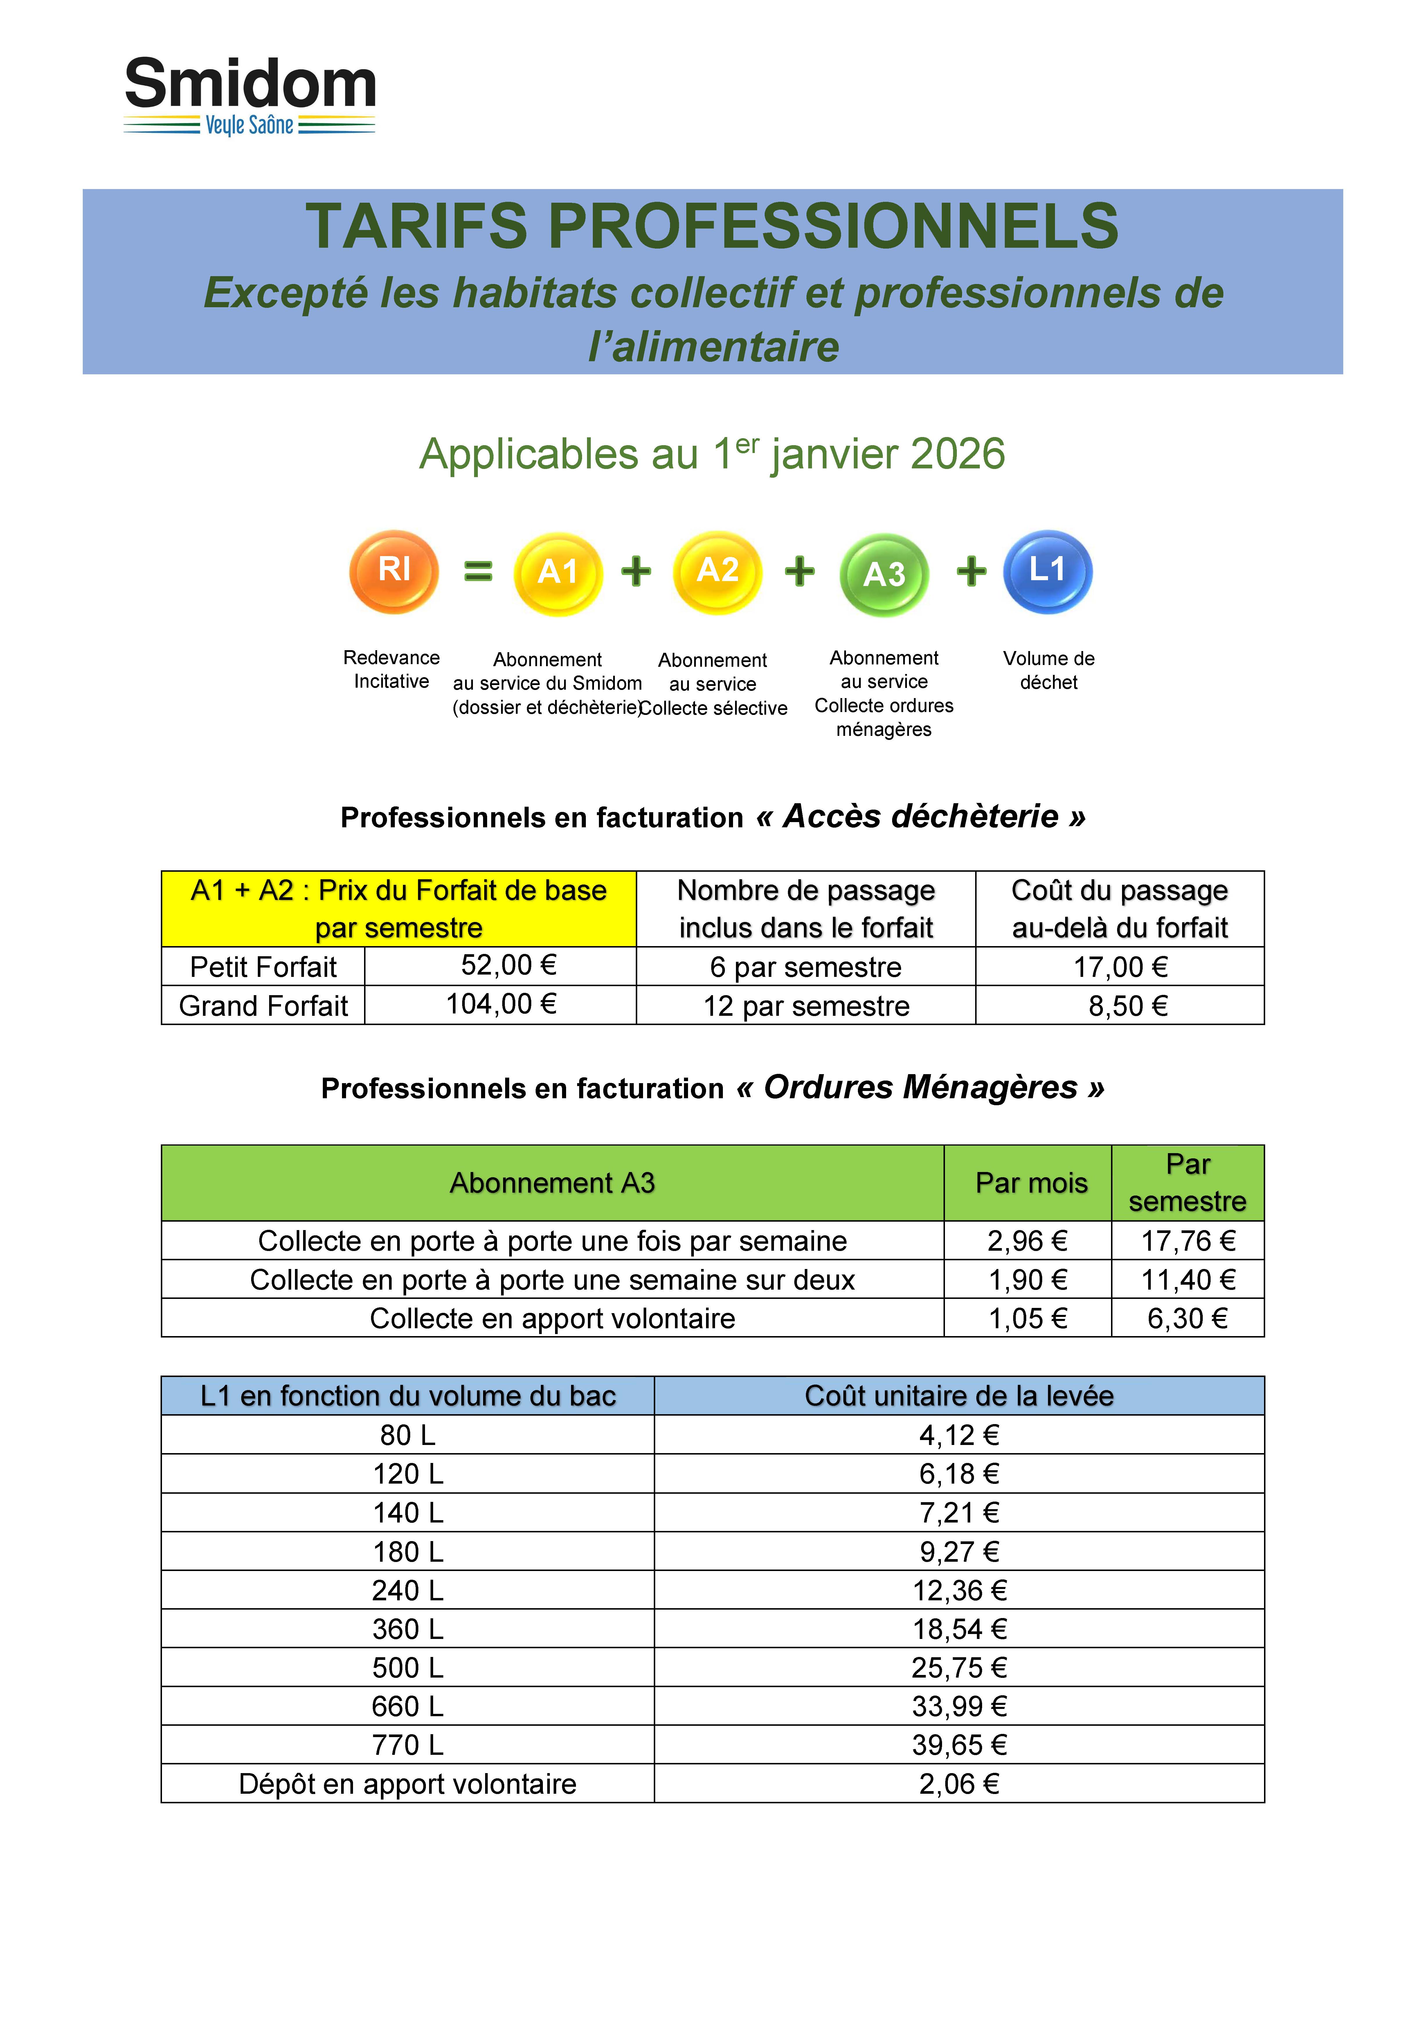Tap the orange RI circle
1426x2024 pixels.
[394, 571]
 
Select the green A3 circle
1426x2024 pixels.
[884, 574]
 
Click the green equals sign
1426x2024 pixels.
[478, 571]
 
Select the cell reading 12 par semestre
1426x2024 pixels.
[806, 1006]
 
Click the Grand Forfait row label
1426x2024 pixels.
[264, 1006]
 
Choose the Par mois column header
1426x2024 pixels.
[1031, 1183]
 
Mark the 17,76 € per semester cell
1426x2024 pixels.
[1188, 1241]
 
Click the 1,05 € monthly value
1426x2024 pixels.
[1028, 1319]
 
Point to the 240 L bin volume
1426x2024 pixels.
[407, 1590]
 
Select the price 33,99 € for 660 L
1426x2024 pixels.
[959, 1707]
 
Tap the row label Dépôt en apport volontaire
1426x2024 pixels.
[407, 1784]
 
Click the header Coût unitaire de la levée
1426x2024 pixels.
[959, 1396]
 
